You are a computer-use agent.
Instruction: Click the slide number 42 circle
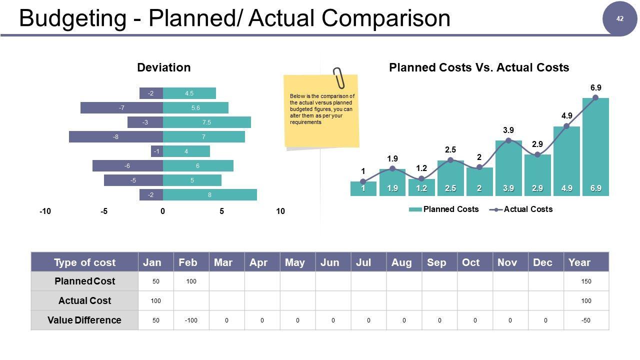point(620,19)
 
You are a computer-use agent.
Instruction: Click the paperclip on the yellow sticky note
point(339,77)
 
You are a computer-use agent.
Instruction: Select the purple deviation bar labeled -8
point(116,137)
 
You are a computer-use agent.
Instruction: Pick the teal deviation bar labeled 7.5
point(206,122)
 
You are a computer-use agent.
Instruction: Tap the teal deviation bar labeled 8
point(209,195)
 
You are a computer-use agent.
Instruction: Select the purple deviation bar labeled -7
point(121,108)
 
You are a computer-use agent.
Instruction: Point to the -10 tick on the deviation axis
point(45,211)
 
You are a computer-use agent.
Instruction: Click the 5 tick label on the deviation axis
point(221,211)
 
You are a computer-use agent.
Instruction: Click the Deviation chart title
point(163,67)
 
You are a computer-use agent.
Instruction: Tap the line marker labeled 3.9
point(508,140)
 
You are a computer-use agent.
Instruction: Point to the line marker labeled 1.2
point(421,178)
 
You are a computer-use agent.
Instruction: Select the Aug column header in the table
point(401,262)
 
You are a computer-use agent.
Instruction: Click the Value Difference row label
point(84,320)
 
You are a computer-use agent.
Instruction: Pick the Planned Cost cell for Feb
point(191,281)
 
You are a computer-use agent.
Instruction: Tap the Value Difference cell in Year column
point(586,320)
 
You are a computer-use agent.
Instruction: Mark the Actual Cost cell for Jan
point(156,301)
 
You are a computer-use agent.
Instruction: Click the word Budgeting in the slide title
point(72,18)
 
